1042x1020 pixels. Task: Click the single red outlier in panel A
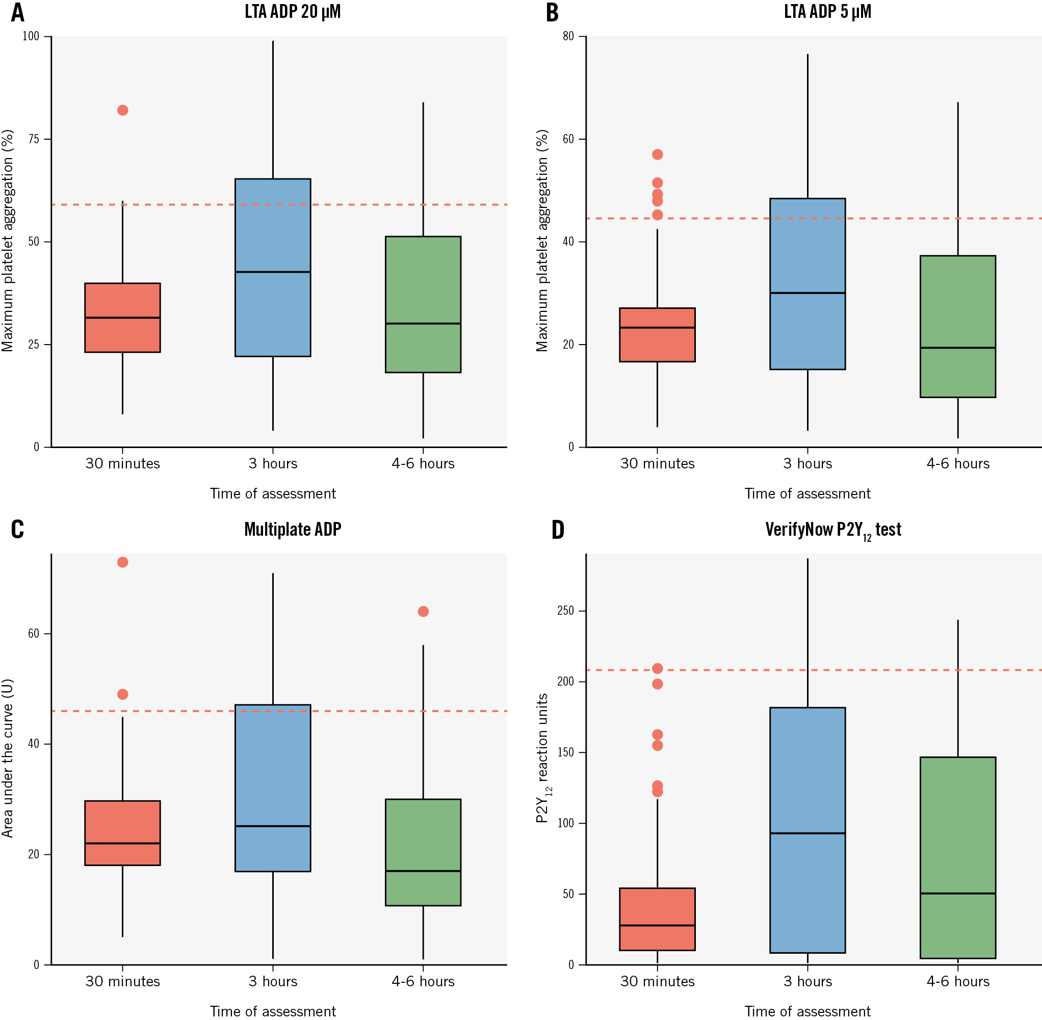(x=123, y=110)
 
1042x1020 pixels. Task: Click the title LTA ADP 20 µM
(x=293, y=12)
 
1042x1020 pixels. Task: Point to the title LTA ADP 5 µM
(x=827, y=12)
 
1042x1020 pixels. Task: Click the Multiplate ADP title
(x=293, y=529)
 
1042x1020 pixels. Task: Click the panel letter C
(x=18, y=529)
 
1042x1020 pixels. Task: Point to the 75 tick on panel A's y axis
(x=34, y=139)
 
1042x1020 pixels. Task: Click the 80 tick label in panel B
(x=568, y=36)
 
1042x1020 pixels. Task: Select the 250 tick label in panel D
(x=565, y=611)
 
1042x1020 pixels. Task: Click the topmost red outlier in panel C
(x=123, y=562)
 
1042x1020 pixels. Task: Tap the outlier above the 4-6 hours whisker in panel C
(x=423, y=611)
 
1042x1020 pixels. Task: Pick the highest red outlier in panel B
(x=657, y=154)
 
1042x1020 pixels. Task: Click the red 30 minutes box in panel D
(x=657, y=919)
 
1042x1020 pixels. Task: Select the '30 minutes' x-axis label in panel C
(x=123, y=981)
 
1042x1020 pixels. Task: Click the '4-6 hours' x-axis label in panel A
(x=423, y=463)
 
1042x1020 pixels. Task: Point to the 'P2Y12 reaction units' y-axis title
(x=543, y=758)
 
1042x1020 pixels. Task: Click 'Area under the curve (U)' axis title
(x=8, y=758)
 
